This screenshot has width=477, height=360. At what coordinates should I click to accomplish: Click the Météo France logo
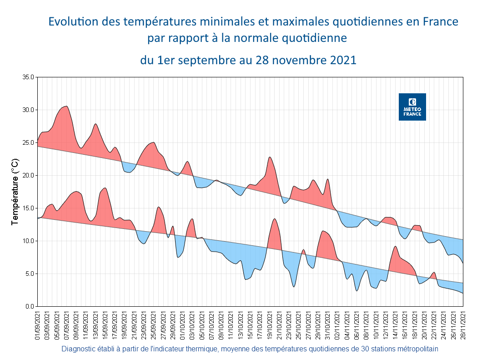[412, 107]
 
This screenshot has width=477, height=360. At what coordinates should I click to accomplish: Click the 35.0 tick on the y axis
[28, 77]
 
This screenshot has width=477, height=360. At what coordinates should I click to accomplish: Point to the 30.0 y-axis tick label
[28, 110]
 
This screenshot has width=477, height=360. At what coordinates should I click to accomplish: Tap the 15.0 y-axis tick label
[28, 208]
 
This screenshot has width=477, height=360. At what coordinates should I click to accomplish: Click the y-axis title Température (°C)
[15, 192]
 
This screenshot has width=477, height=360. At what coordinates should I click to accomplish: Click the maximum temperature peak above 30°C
[67, 106]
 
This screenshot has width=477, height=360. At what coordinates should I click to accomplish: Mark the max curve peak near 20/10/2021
[270, 157]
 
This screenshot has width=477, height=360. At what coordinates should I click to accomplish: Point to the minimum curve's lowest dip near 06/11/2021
[357, 291]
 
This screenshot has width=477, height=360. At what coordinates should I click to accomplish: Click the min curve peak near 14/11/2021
[396, 246]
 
